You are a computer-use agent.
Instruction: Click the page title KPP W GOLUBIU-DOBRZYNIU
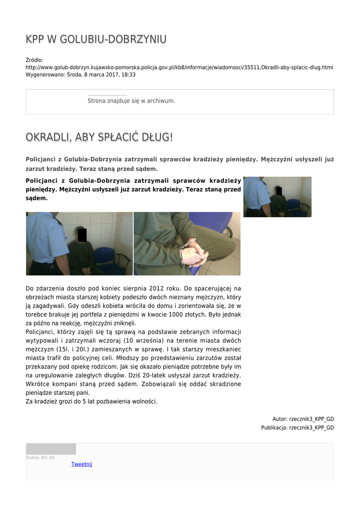96,39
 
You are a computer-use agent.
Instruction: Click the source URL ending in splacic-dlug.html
179,67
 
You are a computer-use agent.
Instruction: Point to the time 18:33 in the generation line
129,74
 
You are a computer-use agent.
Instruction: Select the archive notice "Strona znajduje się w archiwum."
131,101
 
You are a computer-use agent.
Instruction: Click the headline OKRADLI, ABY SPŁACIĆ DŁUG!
99,137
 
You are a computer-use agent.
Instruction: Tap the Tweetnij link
81,464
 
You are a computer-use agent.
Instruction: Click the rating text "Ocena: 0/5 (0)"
40,457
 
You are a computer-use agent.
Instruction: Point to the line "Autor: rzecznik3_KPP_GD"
303,419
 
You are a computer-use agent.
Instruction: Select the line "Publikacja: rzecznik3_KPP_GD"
297,428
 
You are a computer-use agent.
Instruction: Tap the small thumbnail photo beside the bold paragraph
277,197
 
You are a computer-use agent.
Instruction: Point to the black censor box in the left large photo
82,235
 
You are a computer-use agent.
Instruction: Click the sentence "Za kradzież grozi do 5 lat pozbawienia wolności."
91,401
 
